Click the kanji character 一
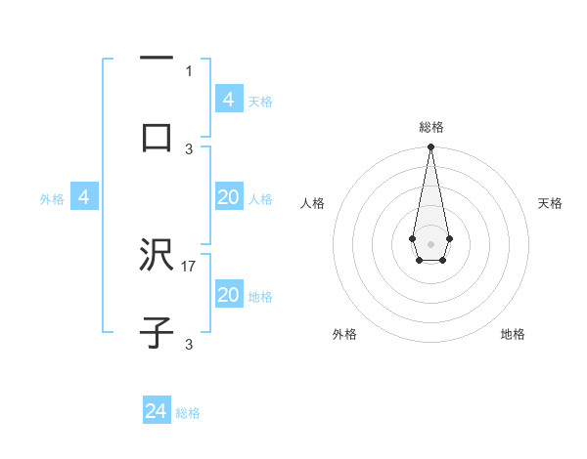[x=157, y=60]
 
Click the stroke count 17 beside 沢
[x=189, y=266]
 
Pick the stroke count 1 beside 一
[x=189, y=71]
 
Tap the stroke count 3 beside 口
[x=189, y=148]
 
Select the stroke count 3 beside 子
[x=189, y=344]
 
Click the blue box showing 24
[x=157, y=411]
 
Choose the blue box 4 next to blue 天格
[x=229, y=99]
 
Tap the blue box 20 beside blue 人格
[x=229, y=197]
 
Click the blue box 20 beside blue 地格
[x=229, y=295]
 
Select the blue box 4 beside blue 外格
[x=84, y=197]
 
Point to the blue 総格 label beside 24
[x=188, y=413]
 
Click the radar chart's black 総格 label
[x=430, y=127]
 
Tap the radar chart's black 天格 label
[x=551, y=203]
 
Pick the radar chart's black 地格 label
[x=513, y=334]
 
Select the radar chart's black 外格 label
[x=344, y=334]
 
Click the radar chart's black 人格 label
[x=313, y=203]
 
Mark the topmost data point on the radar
[x=430, y=147]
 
